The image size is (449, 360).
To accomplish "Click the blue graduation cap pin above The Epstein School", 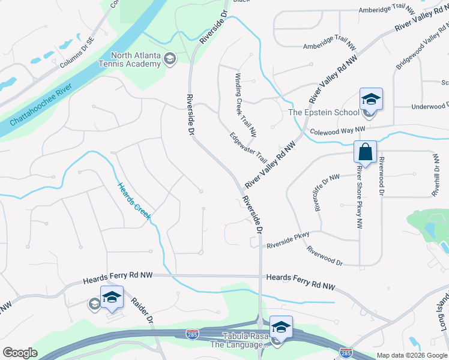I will tap(370, 99).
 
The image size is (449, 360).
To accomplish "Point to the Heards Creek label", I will tap(133, 202).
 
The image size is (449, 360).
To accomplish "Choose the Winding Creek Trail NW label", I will tap(246, 104).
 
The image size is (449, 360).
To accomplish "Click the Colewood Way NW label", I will tap(337, 130).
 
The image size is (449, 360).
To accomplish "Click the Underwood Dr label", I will tap(429, 106).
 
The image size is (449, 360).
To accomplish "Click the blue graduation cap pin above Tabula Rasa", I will tap(280, 326).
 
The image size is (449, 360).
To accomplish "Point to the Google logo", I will tap(20, 353).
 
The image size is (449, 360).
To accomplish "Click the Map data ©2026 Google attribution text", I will tap(412, 355).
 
